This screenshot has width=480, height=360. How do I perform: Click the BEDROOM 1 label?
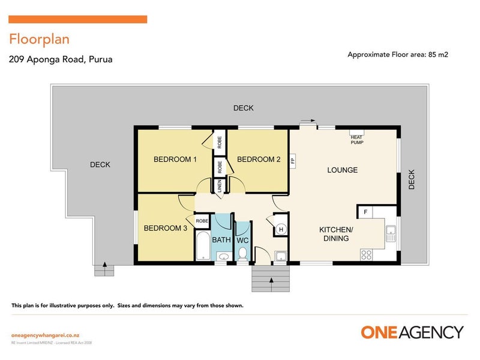(175, 160)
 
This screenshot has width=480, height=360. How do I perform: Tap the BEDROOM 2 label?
(259, 160)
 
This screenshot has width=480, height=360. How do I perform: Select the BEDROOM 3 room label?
(165, 228)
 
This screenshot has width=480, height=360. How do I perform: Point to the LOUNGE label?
(342, 170)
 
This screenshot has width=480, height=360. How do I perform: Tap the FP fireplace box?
(293, 161)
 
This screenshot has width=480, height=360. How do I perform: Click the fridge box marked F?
(365, 212)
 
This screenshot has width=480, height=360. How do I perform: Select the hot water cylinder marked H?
(281, 229)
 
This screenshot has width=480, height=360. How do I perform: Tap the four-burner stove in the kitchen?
(366, 255)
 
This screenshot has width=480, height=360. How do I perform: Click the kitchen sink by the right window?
(391, 233)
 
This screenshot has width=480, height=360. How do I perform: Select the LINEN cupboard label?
(220, 185)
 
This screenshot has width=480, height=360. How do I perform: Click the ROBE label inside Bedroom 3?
(202, 221)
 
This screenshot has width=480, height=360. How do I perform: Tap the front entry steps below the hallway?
(271, 278)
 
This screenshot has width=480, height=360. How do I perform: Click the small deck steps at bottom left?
(104, 271)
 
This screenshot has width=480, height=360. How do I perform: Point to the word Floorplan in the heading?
(39, 39)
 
